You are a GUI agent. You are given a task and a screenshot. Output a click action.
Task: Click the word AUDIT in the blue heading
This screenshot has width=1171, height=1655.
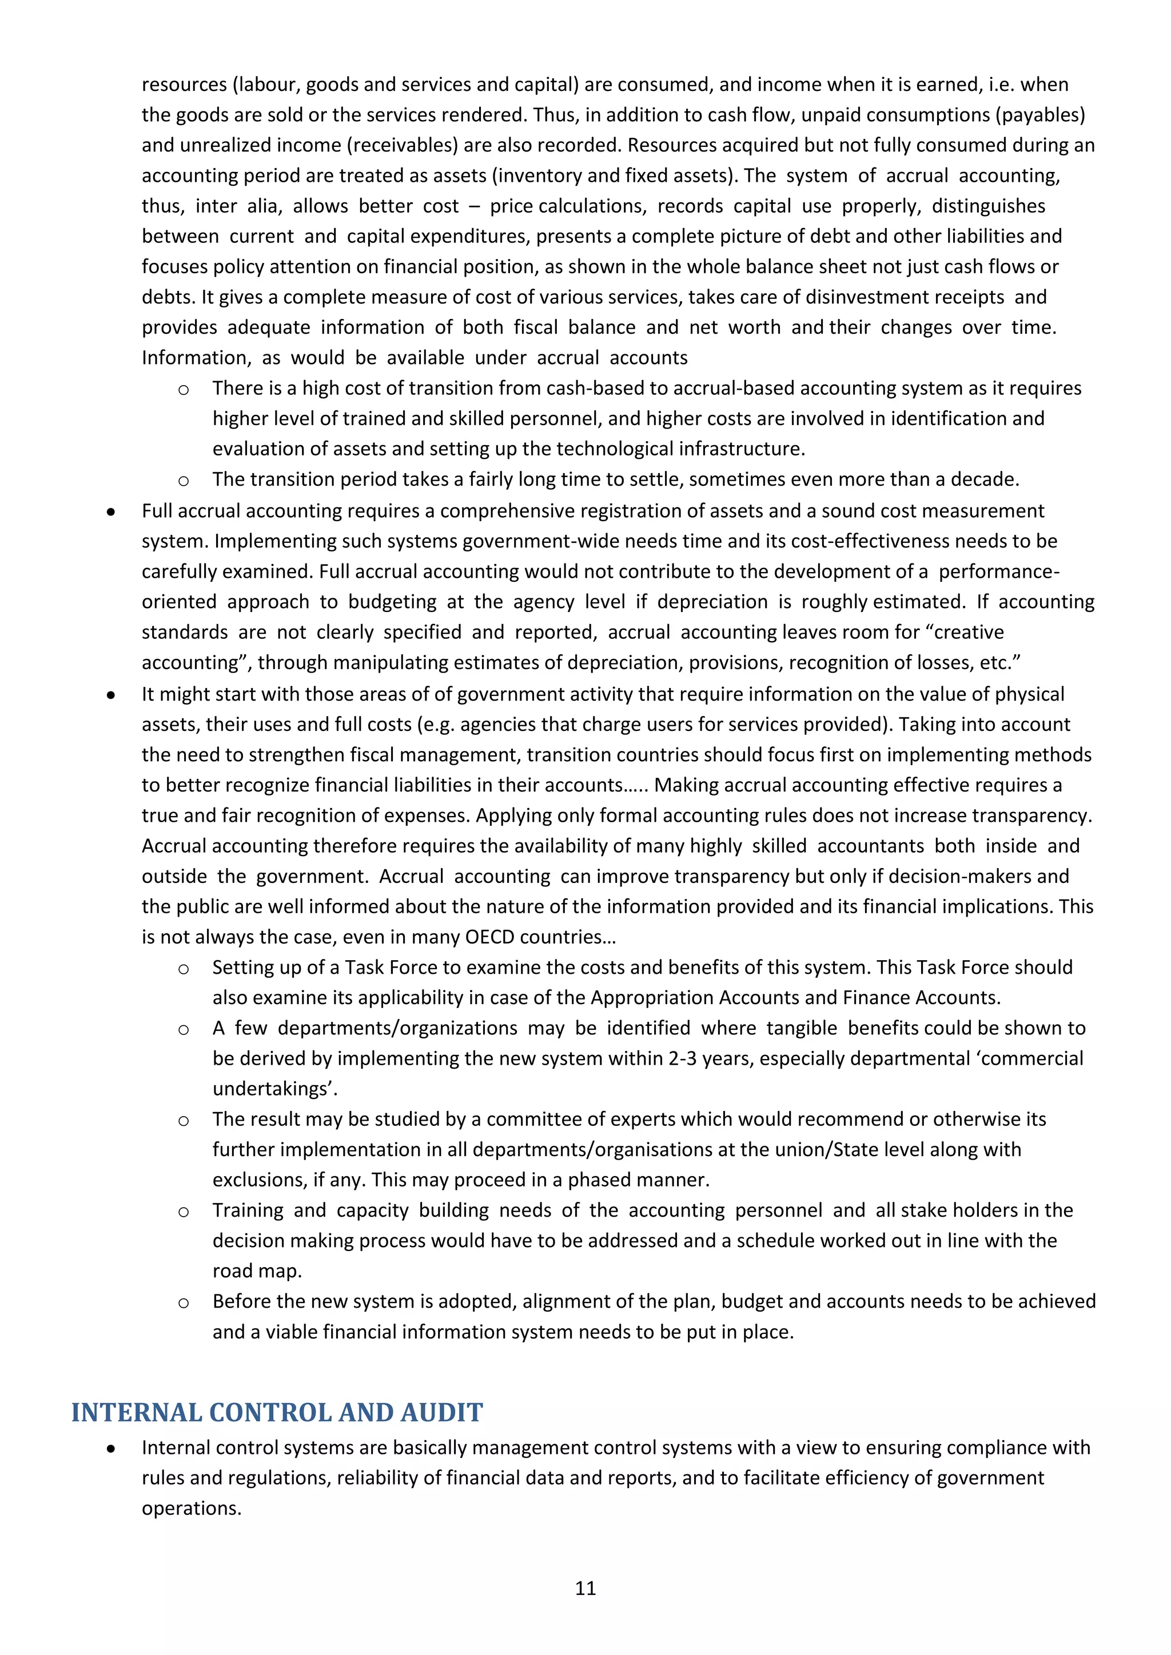[441, 1412]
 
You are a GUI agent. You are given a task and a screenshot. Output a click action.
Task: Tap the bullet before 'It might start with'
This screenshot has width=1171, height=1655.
[110, 695]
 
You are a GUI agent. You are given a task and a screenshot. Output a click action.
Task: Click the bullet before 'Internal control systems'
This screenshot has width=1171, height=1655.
[110, 1449]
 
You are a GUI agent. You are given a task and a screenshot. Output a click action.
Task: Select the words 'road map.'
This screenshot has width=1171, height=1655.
[257, 1271]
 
